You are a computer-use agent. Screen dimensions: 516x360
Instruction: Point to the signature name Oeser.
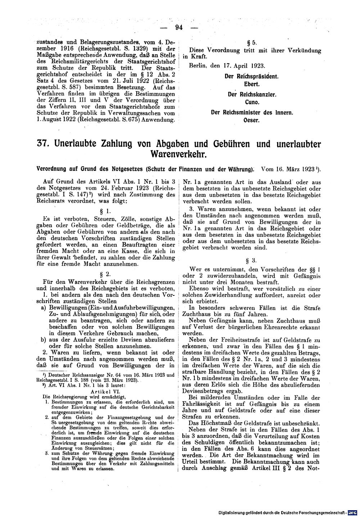(252, 120)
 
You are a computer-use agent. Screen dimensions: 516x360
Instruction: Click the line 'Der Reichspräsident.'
(252, 77)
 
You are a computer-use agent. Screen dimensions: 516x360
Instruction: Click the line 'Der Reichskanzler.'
(252, 94)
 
